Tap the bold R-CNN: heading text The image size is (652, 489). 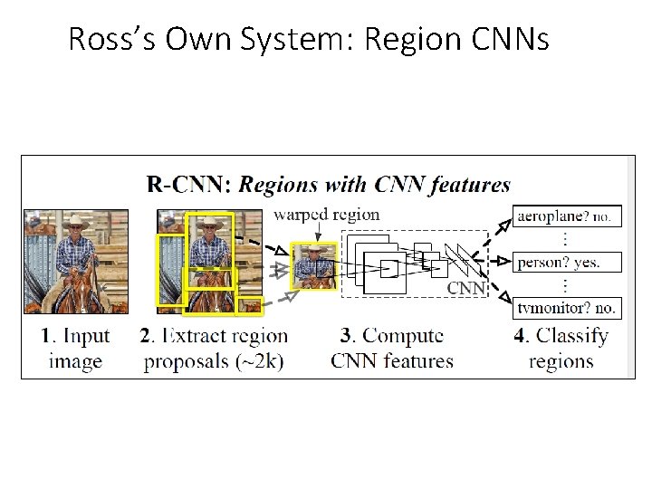pos(189,185)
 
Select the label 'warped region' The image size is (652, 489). pos(326,215)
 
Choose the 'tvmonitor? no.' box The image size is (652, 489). pos(566,308)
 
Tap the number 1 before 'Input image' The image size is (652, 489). pos(46,337)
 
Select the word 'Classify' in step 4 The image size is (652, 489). pos(572,337)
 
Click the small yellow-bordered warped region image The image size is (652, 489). pos(312,265)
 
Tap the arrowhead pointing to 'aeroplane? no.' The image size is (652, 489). pos(505,219)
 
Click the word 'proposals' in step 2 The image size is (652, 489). pos(184,361)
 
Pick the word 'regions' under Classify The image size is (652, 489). pos(561,361)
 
